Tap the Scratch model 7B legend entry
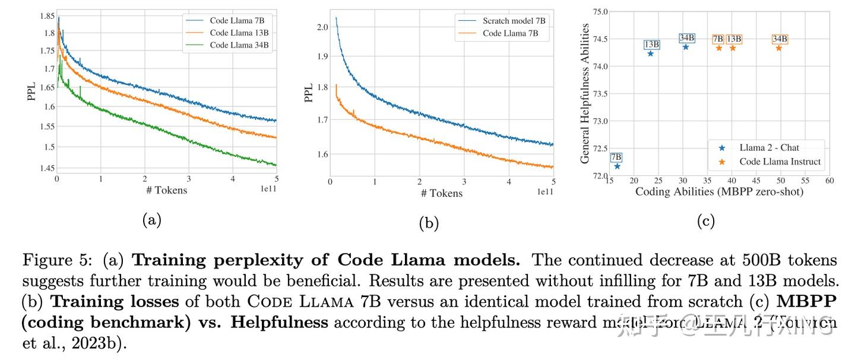point(514,21)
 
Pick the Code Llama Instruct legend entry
point(780,161)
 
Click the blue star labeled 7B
point(617,166)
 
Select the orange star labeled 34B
point(778,48)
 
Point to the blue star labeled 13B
point(650,53)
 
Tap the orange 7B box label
point(718,39)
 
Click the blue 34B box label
point(686,38)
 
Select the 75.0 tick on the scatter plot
point(600,11)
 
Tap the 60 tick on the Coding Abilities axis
point(829,181)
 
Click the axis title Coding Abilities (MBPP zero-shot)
point(719,192)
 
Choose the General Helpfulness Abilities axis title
point(585,93)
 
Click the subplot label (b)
point(428,223)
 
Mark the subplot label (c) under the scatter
point(705,221)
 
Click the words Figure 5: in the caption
point(59,260)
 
